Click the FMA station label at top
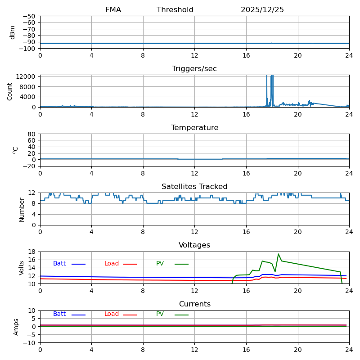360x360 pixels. click(113, 10)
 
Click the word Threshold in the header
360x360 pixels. click(175, 10)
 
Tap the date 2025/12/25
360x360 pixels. click(262, 10)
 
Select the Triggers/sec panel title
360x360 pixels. click(194, 69)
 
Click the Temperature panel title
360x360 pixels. click(194, 128)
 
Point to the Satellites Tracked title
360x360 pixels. click(194, 187)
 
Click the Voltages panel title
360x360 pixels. click(194, 245)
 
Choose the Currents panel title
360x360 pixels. click(194, 304)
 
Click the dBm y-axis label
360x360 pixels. click(13, 32)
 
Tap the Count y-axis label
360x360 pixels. click(10, 91)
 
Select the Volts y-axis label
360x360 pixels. click(22, 268)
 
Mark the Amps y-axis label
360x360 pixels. click(16, 327)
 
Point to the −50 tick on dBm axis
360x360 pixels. click(29, 16)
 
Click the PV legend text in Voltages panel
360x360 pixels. click(160, 264)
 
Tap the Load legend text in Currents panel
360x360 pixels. click(112, 314)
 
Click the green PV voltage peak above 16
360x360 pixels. click(278, 254)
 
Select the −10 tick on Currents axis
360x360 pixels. click(29, 343)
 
